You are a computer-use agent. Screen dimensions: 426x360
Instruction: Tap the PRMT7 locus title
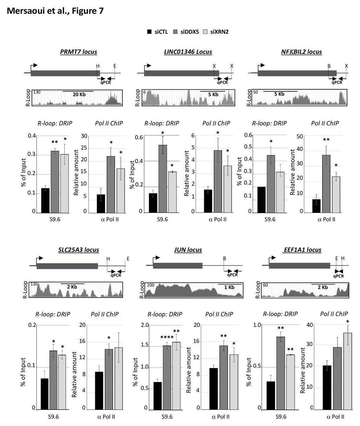pyautogui.click(x=78, y=52)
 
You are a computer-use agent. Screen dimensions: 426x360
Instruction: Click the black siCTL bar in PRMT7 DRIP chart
pyautogui.click(x=45, y=200)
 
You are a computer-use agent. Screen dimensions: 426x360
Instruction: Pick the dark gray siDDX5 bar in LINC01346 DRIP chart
pyautogui.click(x=163, y=179)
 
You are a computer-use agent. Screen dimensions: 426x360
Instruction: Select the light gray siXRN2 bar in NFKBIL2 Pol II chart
pyautogui.click(x=336, y=194)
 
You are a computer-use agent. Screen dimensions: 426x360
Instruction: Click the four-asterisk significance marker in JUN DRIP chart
pyautogui.click(x=167, y=338)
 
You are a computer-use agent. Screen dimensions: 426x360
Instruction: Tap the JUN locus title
pyautogui.click(x=188, y=250)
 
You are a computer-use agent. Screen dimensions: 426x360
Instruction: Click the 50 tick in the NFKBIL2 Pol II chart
pyautogui.click(x=299, y=136)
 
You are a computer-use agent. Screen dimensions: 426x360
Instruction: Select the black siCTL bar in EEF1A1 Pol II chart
pyautogui.click(x=327, y=387)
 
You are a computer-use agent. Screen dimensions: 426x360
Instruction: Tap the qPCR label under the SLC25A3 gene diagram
pyautogui.click(x=116, y=275)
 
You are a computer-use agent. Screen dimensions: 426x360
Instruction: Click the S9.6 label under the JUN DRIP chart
pyautogui.click(x=167, y=417)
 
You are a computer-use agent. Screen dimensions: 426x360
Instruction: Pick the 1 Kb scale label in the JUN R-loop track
pyautogui.click(x=229, y=287)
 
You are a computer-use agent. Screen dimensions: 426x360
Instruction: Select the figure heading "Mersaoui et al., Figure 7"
pyautogui.click(x=55, y=11)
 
